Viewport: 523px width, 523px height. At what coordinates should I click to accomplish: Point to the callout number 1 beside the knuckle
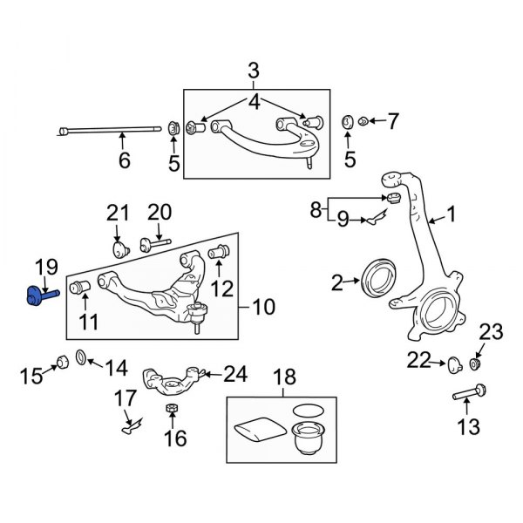(451, 213)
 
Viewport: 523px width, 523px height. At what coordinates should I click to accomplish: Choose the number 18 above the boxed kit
(284, 377)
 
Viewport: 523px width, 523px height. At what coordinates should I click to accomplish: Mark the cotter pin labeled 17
(130, 425)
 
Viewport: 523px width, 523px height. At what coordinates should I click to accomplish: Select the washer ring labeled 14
(81, 357)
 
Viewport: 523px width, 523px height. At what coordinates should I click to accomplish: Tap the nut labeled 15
(61, 361)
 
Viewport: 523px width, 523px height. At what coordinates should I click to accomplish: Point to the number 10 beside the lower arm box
(263, 307)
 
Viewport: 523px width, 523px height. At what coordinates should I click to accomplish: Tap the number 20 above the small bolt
(160, 211)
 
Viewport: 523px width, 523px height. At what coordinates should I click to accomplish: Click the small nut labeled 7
(366, 122)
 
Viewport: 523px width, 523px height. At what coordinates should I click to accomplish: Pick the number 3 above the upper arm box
(254, 69)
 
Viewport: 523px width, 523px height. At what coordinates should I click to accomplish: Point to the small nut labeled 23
(476, 363)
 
